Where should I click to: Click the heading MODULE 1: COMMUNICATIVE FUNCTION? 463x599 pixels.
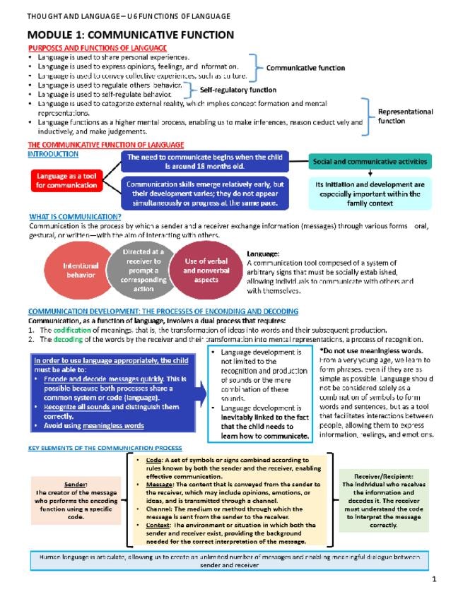click(x=130, y=35)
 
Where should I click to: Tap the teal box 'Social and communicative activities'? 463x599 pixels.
click(x=370, y=162)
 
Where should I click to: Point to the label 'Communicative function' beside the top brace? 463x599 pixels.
click(x=305, y=68)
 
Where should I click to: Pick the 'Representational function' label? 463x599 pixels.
click(x=405, y=116)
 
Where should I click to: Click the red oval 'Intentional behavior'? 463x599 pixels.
click(x=80, y=271)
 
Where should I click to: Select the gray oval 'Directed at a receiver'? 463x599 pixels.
click(x=143, y=269)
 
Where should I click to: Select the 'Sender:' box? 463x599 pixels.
click(x=75, y=501)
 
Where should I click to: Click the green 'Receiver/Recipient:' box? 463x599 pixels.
click(x=383, y=500)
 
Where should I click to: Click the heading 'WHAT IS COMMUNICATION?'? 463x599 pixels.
click(x=75, y=217)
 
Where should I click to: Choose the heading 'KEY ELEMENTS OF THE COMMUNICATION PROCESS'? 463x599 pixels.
click(x=105, y=448)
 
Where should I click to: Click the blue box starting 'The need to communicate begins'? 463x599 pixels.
click(x=204, y=162)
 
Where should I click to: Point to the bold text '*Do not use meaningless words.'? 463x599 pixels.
click(x=370, y=350)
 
